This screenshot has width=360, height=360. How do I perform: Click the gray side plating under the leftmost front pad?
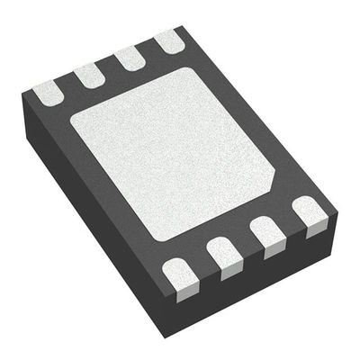(185, 290)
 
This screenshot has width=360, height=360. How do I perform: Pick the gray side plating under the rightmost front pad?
(315, 230)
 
